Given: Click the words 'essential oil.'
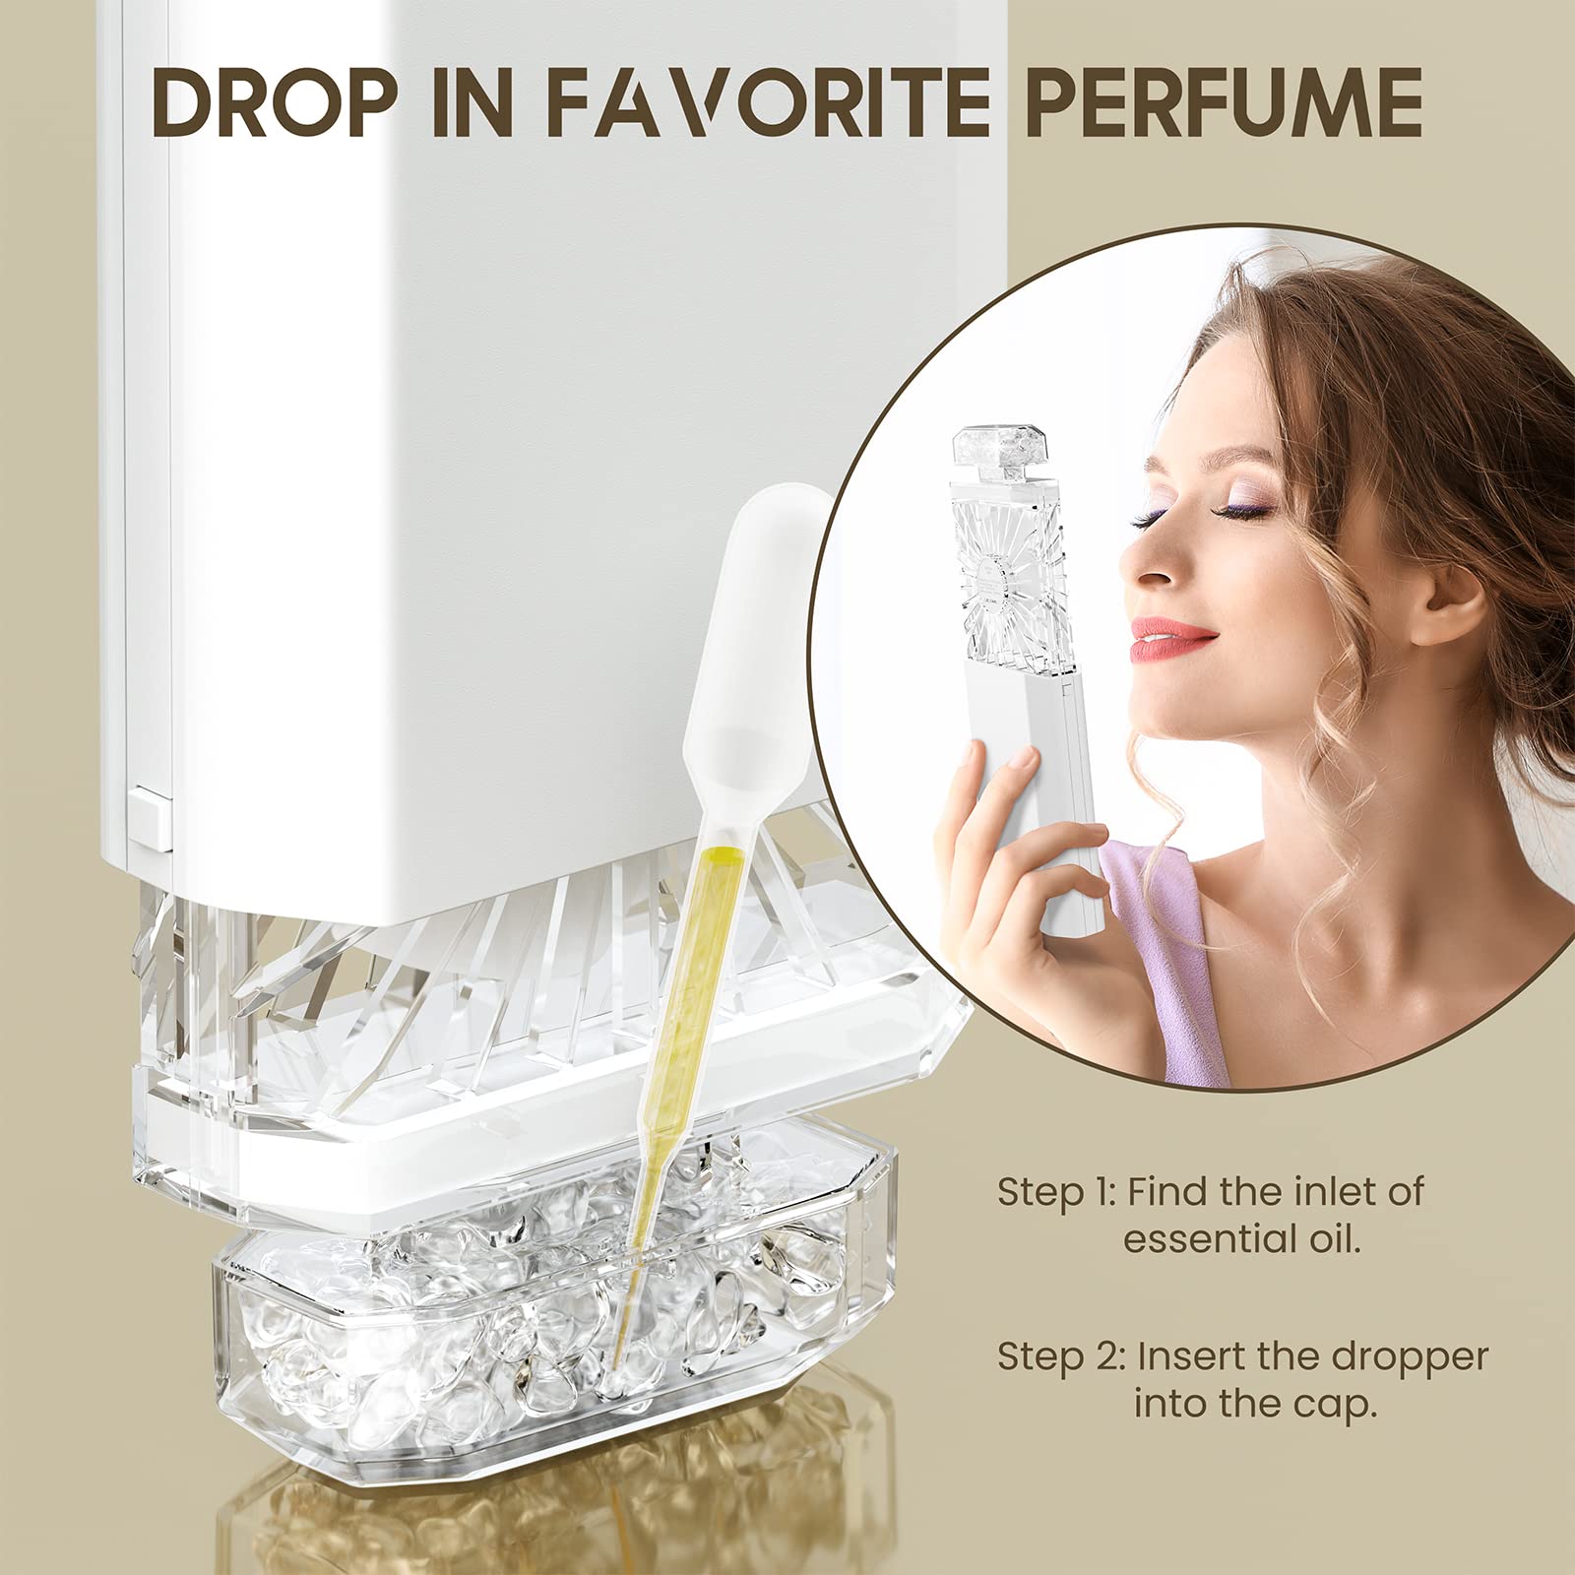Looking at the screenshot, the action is (1242, 1238).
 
